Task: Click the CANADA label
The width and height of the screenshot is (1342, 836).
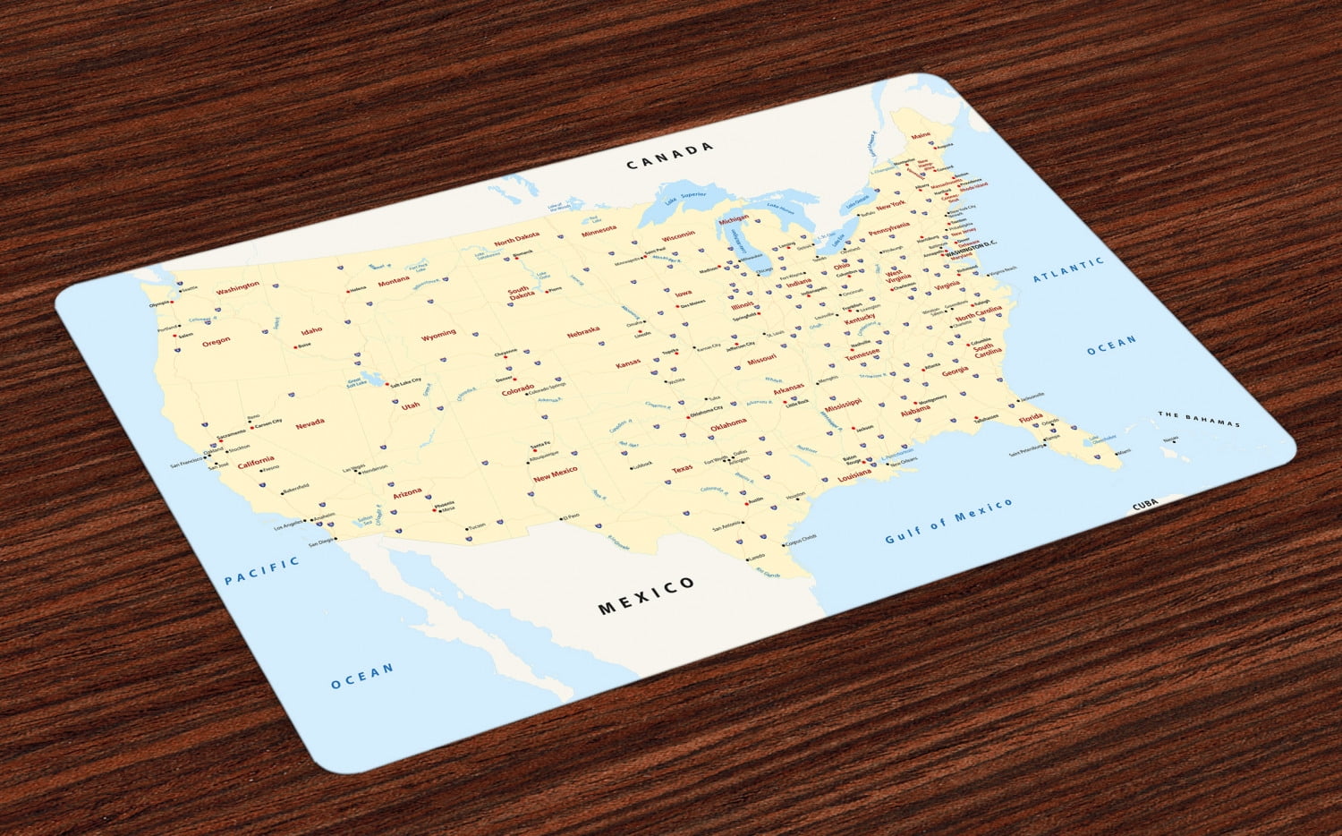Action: [x=670, y=156]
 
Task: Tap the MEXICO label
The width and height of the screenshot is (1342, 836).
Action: [x=646, y=595]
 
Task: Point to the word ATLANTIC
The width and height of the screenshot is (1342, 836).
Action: [x=1068, y=269]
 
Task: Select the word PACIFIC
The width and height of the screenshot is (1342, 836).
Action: [x=261, y=570]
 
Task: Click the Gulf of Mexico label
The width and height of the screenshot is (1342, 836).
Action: [x=948, y=521]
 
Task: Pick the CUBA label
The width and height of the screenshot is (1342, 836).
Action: [x=1145, y=506]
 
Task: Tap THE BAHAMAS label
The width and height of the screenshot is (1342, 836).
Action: [x=1199, y=419]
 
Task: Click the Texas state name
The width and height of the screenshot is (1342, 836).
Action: [x=682, y=468]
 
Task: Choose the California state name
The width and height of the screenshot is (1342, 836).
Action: [x=256, y=461]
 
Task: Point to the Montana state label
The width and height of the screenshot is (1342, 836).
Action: [x=394, y=281]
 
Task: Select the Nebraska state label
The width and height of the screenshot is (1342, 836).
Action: [x=583, y=332]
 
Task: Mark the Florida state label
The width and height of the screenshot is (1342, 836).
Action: [x=1031, y=418]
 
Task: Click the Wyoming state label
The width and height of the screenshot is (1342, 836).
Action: [x=438, y=335]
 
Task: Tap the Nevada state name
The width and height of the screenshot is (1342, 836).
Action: [x=310, y=422]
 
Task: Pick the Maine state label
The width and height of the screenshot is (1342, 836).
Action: [x=920, y=136]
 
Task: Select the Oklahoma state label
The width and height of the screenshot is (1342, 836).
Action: [x=728, y=423]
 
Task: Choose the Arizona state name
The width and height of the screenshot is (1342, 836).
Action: [x=407, y=492]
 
